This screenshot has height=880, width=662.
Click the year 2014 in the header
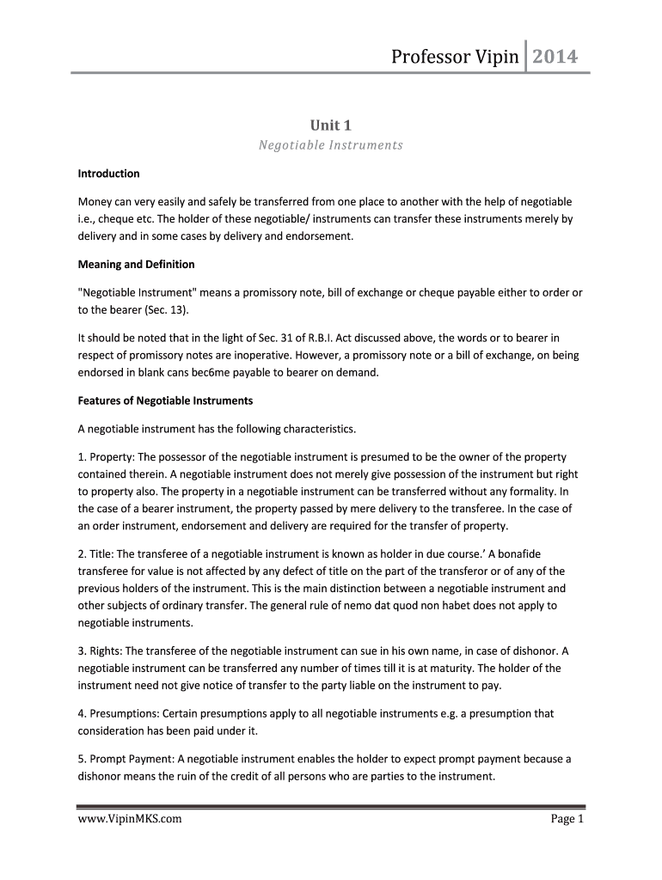[555, 58]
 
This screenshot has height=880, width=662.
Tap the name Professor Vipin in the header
[455, 58]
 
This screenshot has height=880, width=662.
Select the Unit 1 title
[331, 125]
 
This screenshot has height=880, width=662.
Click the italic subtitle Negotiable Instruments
[331, 145]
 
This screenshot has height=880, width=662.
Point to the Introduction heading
[108, 174]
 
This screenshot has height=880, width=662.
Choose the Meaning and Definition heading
[137, 264]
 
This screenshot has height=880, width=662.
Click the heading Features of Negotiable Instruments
[165, 400]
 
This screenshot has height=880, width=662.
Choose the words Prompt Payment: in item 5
[129, 759]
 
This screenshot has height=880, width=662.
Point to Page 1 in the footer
[567, 819]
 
